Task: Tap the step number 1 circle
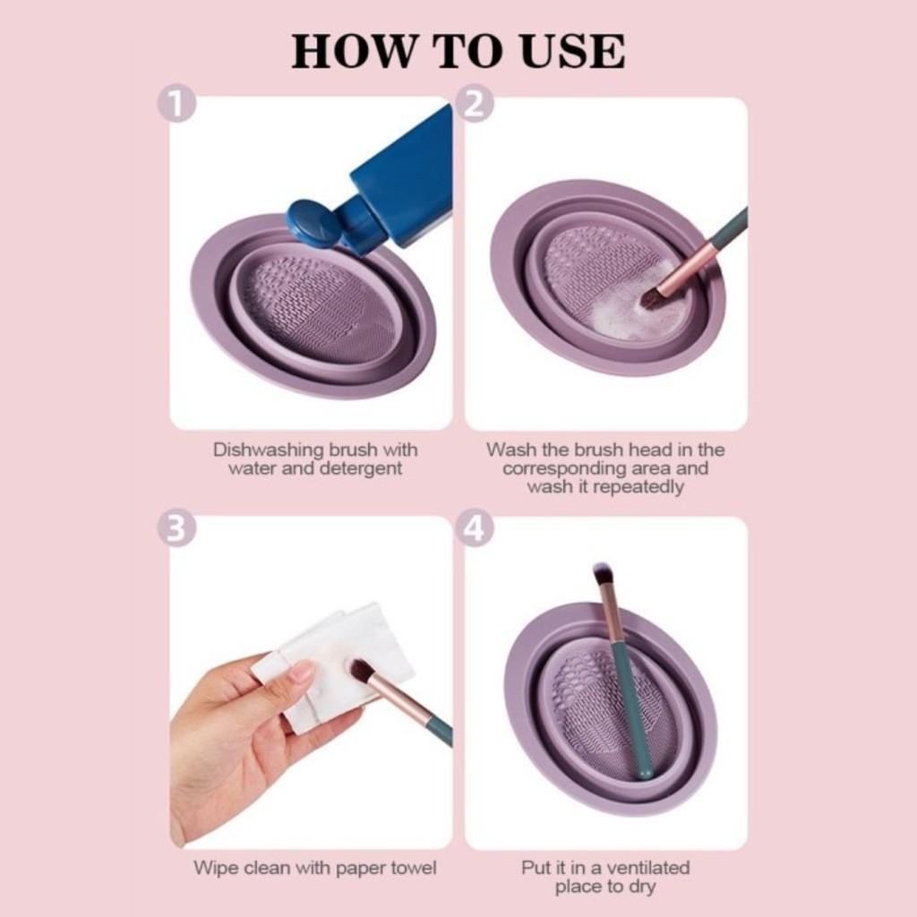click(x=176, y=105)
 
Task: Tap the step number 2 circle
click(x=475, y=105)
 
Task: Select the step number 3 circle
click(x=176, y=528)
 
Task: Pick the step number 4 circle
click(x=475, y=528)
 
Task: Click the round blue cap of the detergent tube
click(x=313, y=224)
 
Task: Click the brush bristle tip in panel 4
click(x=602, y=572)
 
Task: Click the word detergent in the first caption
click(x=361, y=468)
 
